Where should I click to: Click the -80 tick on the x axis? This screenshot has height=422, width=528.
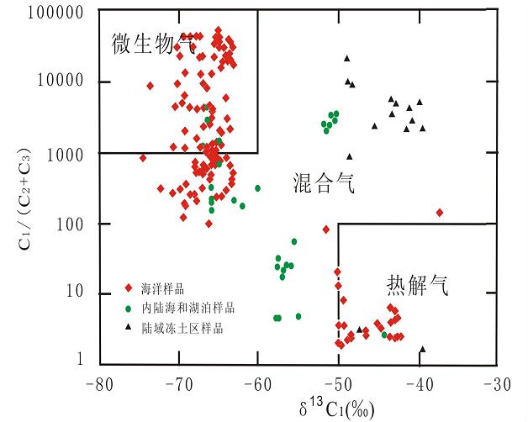point(98,383)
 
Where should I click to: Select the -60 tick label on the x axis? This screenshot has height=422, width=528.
point(257,383)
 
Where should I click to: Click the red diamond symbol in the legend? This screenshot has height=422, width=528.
point(128,287)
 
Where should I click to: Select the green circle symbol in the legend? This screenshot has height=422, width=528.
point(128,308)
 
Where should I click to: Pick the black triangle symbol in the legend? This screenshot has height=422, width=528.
point(128,328)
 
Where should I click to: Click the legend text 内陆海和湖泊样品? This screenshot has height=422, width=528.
point(188,308)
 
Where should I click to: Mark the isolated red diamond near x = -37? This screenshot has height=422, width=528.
point(439,213)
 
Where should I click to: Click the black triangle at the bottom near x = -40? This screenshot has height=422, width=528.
point(422,349)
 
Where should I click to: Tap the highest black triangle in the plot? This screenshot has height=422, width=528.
point(346,58)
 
